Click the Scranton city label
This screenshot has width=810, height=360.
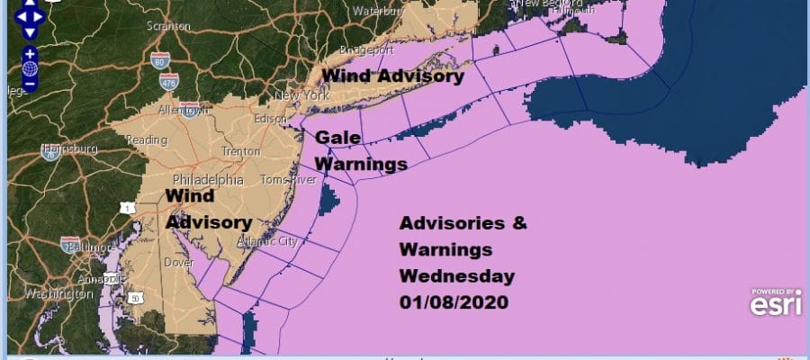coord(169,26)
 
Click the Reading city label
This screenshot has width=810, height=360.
coord(147,140)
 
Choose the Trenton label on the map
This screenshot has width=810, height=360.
coord(239,152)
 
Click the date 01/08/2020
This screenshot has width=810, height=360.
coord(454,303)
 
